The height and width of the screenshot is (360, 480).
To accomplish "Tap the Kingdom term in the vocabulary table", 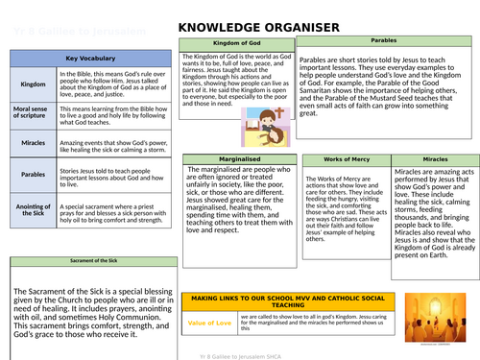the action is (x=32, y=85).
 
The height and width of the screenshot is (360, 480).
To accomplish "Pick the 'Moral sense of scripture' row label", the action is (x=32, y=116).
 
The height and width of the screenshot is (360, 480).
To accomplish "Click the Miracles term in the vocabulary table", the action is (x=32, y=144).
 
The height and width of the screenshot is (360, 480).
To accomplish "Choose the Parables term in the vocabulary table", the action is (x=32, y=176).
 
